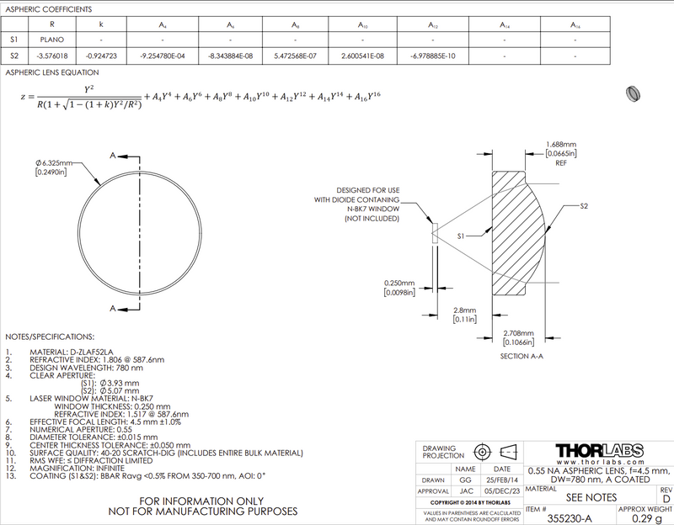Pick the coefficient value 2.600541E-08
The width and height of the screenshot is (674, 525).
coord(363,56)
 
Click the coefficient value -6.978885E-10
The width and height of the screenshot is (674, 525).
coord(433,56)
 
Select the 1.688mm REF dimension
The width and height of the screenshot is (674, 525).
coord(562,145)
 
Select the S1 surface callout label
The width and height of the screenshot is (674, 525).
coord(463,238)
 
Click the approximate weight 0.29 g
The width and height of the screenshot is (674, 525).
coord(645,519)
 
